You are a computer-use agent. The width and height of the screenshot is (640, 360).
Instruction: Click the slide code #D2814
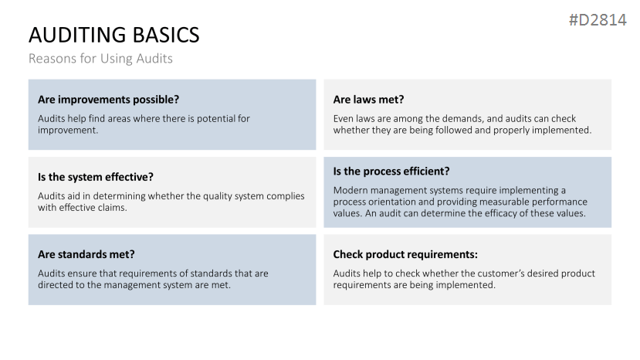(x=598, y=20)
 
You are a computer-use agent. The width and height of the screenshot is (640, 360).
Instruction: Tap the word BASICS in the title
(x=166, y=35)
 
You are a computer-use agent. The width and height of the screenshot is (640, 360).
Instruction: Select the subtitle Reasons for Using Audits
(x=100, y=59)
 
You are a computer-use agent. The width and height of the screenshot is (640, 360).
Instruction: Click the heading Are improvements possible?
(x=109, y=100)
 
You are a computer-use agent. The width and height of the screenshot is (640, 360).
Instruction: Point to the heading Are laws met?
(x=368, y=100)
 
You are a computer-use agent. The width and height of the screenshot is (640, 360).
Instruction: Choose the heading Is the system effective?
(x=96, y=177)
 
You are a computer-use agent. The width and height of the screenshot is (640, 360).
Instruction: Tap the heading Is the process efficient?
(x=391, y=172)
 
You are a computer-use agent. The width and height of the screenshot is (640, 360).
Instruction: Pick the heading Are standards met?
(x=86, y=254)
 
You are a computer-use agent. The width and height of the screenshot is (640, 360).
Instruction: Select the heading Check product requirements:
(x=405, y=255)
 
